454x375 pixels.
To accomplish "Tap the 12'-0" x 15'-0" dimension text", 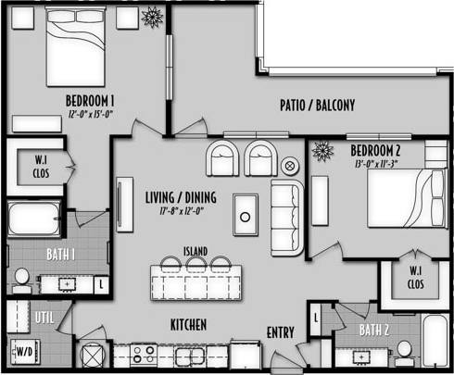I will point(90,114).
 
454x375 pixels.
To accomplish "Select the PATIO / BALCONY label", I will point(317,106).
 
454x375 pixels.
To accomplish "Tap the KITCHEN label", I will point(187,325).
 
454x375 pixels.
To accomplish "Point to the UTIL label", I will point(44,318).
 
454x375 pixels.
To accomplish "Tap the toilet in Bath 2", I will point(404,349).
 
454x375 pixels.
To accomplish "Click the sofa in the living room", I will point(286,219).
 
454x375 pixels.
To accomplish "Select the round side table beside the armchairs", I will point(289,167).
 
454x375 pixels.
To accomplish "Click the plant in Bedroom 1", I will point(151,18).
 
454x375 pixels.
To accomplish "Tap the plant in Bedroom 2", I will point(323,149).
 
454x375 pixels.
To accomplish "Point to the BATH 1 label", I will point(60,253).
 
